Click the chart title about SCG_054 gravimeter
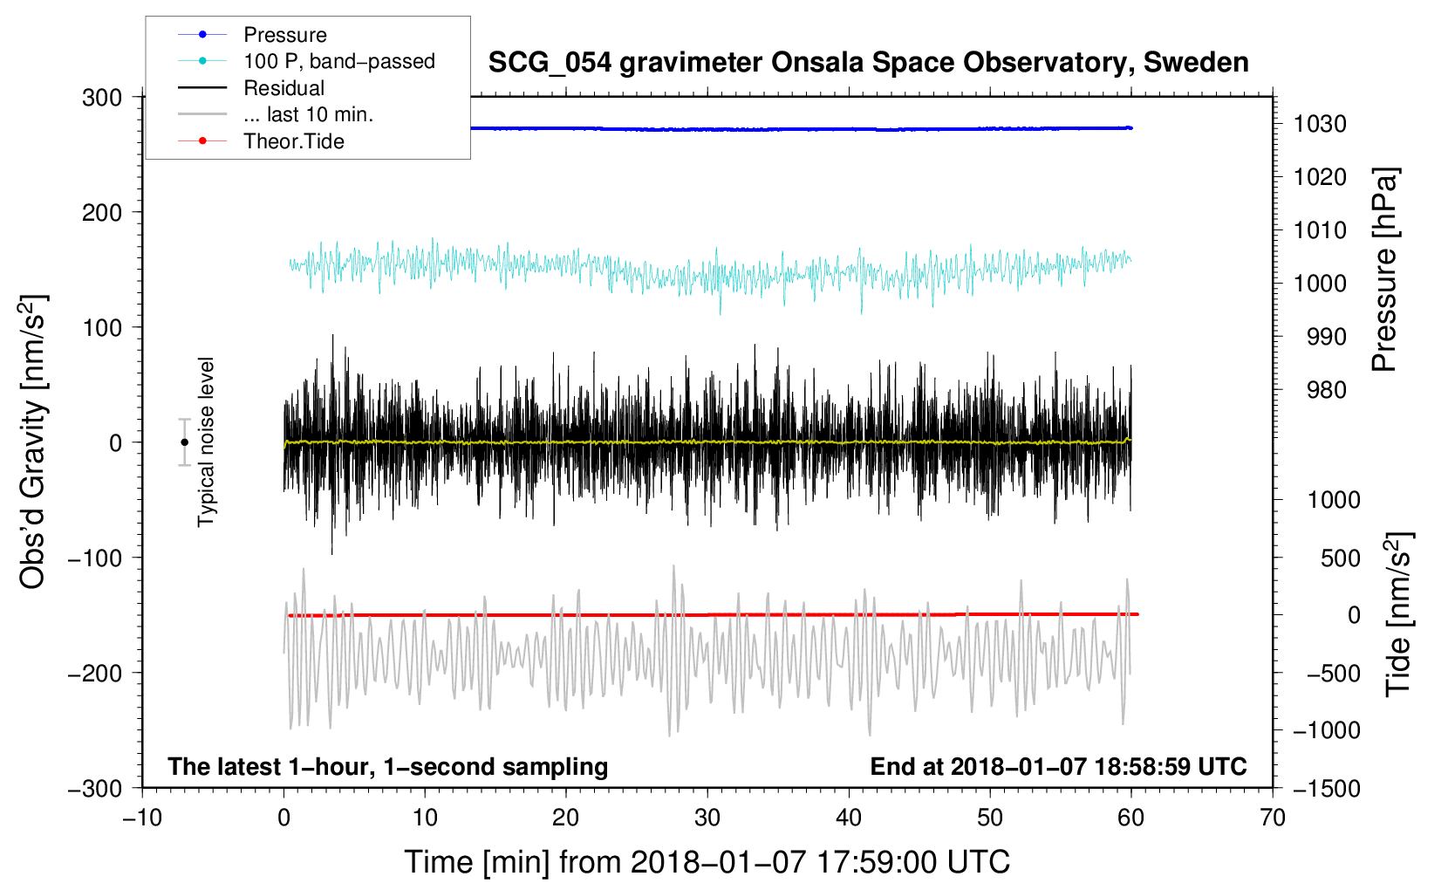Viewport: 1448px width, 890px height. click(868, 63)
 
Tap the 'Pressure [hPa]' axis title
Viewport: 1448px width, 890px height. click(1384, 270)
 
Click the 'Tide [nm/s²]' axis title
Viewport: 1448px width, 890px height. click(1399, 614)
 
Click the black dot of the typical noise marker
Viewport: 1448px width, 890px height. click(184, 442)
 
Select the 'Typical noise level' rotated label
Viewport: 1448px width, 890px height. click(206, 442)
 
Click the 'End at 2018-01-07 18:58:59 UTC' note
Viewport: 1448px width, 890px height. click(1058, 766)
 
